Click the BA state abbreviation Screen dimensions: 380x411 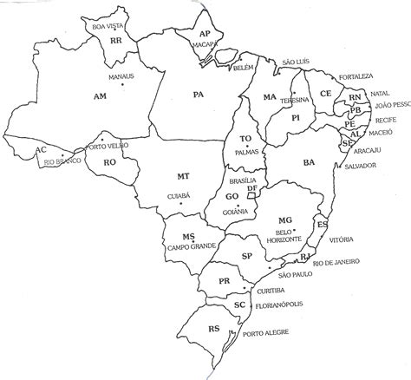308,161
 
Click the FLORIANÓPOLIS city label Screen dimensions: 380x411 285,306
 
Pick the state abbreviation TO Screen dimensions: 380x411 245,139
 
